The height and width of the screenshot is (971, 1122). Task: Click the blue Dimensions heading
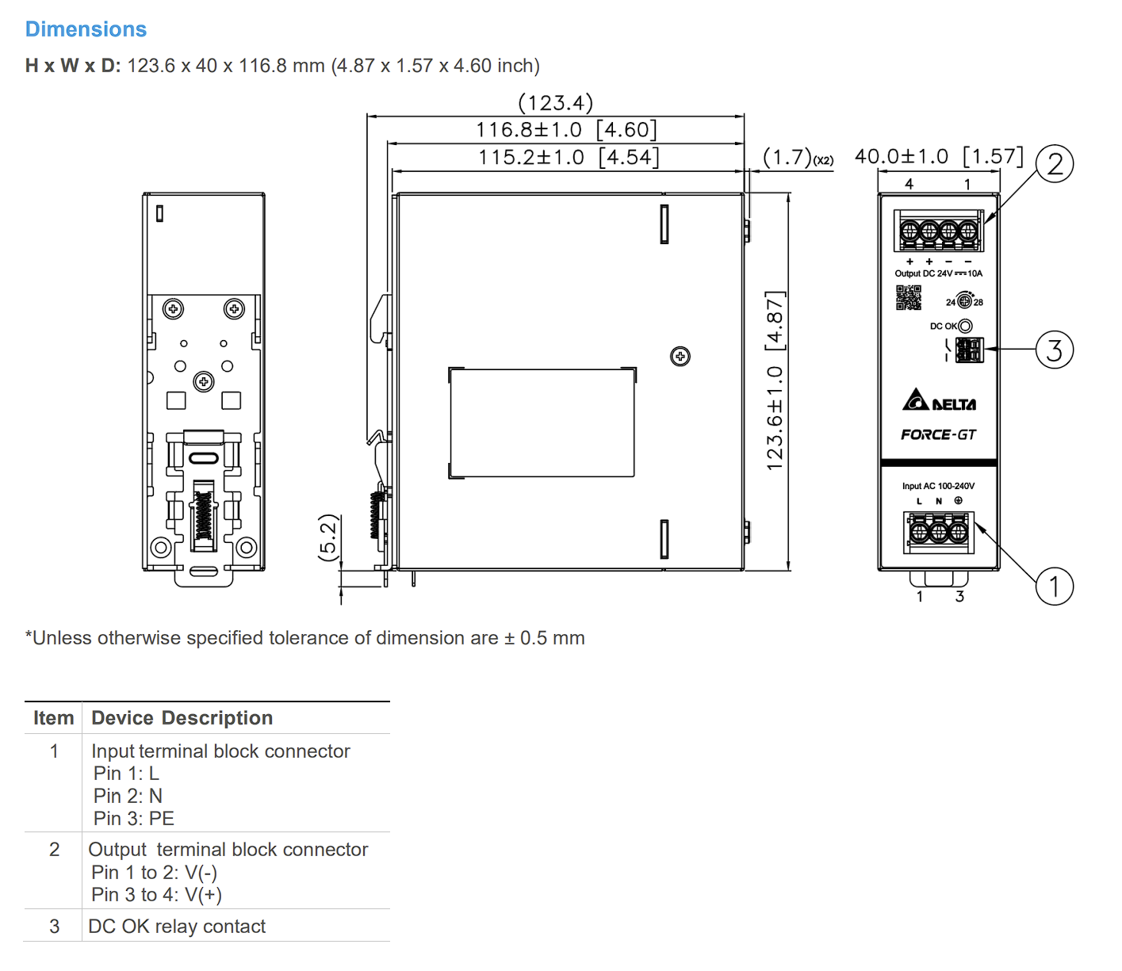tap(86, 29)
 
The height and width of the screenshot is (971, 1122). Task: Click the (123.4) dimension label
tap(555, 102)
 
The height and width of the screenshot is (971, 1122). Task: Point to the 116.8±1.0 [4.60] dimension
tap(566, 130)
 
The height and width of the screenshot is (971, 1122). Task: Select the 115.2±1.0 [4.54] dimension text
tap(569, 158)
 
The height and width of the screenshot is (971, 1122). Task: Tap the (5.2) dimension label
tap(327, 537)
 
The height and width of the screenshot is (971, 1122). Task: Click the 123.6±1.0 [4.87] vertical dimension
tap(775, 380)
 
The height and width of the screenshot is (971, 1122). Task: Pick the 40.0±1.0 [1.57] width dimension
tap(939, 156)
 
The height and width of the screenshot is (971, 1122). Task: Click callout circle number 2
tap(1054, 164)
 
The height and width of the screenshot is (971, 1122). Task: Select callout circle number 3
tap(1054, 350)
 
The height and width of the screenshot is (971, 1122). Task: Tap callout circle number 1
tap(1054, 587)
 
